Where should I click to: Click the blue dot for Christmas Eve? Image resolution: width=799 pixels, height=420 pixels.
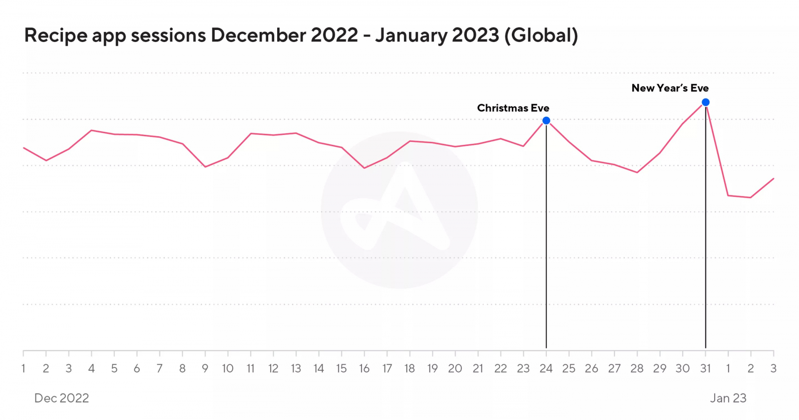coord(546,120)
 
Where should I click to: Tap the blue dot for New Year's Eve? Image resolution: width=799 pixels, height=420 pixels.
coord(706,102)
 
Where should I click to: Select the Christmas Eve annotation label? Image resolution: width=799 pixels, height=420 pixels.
coord(513,108)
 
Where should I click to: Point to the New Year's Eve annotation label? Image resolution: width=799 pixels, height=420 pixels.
coord(670,88)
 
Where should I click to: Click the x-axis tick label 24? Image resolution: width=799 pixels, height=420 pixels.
coord(546,369)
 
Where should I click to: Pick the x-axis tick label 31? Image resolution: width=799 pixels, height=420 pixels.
coord(705,369)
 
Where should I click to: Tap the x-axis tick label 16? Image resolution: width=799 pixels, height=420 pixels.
coord(364,369)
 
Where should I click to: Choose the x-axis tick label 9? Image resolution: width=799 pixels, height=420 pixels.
coord(205,369)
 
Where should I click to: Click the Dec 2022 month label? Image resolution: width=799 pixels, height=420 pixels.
coord(61,398)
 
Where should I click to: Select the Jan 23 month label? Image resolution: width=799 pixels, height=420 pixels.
coord(728,398)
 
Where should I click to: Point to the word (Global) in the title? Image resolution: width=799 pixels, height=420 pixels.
coord(541,35)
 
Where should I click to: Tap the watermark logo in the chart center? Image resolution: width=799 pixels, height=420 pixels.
coord(399,210)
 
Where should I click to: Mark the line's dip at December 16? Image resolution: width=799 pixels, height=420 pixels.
coord(364,168)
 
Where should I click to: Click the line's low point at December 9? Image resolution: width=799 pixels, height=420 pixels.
coord(205,167)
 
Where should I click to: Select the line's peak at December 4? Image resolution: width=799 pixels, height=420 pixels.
coord(91,130)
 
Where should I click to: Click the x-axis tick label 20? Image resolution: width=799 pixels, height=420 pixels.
coord(455,369)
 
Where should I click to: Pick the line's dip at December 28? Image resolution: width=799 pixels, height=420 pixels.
coord(637,172)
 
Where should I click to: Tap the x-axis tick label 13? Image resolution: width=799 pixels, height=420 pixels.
coord(296,369)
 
